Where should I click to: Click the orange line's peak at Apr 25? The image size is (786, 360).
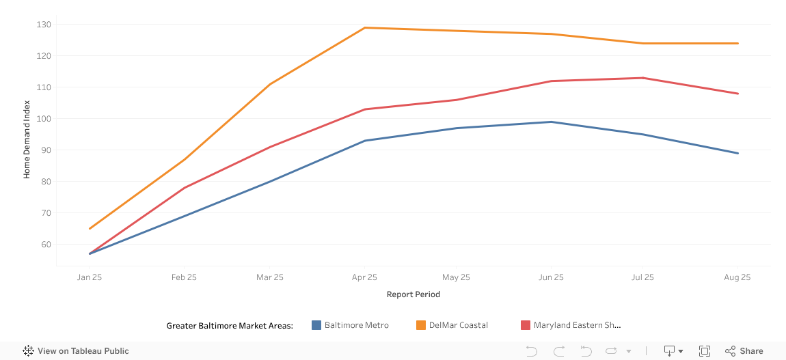click(x=365, y=28)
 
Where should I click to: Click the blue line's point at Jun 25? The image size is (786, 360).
click(x=552, y=122)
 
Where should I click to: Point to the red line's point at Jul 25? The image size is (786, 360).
click(x=642, y=78)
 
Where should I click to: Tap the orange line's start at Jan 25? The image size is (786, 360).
click(x=90, y=229)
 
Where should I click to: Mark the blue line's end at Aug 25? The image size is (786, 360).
click(x=737, y=154)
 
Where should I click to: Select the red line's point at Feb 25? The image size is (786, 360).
click(x=184, y=188)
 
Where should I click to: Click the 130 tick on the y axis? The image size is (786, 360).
click(x=44, y=25)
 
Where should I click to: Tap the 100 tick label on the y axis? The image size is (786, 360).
click(x=44, y=119)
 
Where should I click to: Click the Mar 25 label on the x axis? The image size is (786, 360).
click(x=270, y=277)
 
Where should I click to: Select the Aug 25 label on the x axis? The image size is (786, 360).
click(x=737, y=277)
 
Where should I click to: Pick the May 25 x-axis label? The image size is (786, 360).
click(x=456, y=277)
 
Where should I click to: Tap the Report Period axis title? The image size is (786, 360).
click(x=413, y=294)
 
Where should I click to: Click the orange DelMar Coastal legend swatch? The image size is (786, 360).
click(x=421, y=325)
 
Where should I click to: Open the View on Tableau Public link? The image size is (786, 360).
click(x=76, y=351)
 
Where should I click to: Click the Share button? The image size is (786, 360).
click(x=744, y=351)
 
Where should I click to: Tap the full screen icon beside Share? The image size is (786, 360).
click(x=705, y=351)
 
